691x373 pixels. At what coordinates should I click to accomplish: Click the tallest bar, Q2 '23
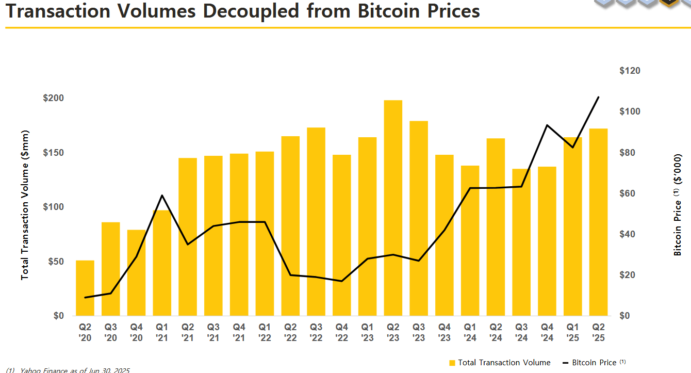(393, 206)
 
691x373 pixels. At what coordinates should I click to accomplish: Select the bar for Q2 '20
(85, 289)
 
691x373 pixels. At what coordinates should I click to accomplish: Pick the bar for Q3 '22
(316, 222)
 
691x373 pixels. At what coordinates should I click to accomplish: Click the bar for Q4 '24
(547, 242)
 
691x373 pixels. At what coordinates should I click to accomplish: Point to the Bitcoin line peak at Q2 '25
(598, 97)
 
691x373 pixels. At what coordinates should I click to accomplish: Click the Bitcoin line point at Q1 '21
(162, 196)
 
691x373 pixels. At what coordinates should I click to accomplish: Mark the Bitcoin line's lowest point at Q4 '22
(341, 281)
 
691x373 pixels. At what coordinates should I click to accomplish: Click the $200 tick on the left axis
(53, 98)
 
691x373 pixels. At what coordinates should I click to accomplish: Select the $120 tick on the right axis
(630, 71)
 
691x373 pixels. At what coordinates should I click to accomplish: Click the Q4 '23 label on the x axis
(444, 332)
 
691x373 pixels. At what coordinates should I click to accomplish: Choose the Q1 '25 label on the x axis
(572, 332)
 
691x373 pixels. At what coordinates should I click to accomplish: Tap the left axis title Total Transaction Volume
(25, 205)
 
